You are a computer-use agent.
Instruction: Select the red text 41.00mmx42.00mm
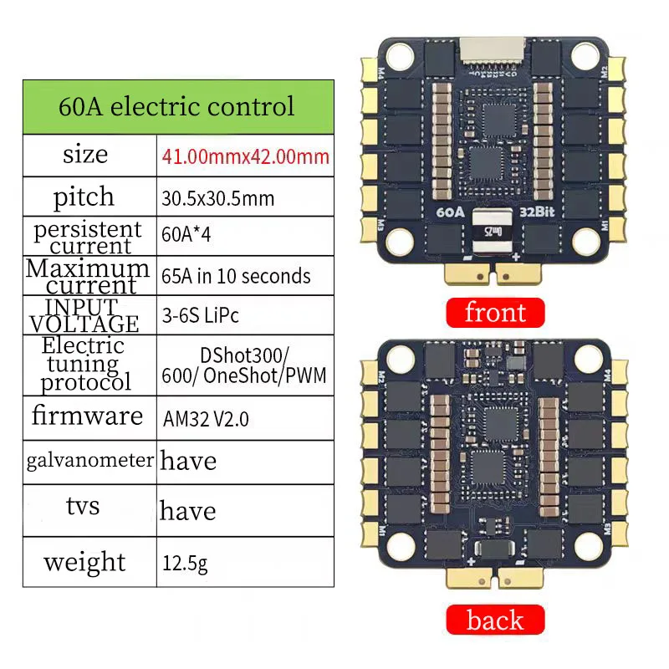pos(245,156)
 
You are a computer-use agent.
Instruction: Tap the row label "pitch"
pos(84,197)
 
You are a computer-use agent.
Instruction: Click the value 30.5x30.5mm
pos(217,199)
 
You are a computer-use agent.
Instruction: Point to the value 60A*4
pos(185,235)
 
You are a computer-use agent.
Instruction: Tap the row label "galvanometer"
pos(89,459)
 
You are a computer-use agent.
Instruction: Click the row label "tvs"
pos(83,506)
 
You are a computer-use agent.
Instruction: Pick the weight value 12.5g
pos(184,562)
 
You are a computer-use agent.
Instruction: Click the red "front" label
pos(495,313)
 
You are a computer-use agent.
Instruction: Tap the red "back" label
pos(495,620)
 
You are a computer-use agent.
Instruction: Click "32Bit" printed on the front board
pos(539,212)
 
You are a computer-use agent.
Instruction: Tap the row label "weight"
pos(84,561)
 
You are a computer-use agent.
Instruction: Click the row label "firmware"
pos(87,415)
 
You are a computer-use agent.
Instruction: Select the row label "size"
pos(85,155)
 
